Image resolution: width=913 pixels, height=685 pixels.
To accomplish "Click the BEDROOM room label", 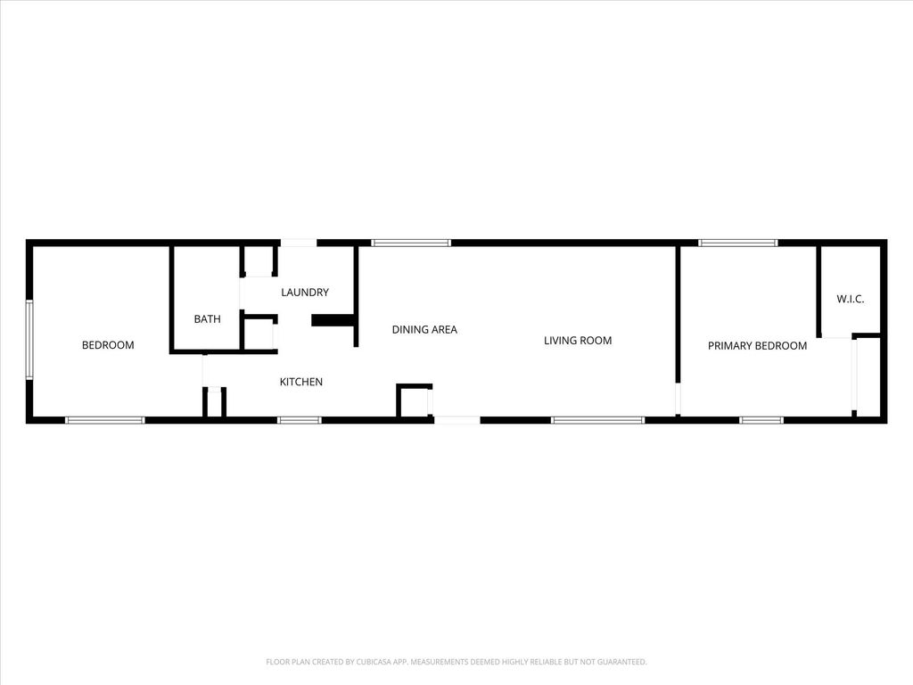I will point(108,345).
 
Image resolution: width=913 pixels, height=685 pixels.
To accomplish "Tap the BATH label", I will point(208,318).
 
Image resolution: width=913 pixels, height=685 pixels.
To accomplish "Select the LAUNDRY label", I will point(305,293).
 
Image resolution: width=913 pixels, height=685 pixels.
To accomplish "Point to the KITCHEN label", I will point(301,382).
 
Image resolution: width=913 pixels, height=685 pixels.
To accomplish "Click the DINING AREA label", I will point(424,330).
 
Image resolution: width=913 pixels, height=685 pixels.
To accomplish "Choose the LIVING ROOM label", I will point(578,340).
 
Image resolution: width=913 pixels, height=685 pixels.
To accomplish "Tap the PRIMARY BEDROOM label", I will point(757,346).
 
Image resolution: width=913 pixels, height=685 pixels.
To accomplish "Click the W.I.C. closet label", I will point(850,299).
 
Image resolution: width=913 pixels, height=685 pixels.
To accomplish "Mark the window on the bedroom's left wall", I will point(29,340).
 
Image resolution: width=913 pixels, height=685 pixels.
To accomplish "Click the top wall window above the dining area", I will point(411,243).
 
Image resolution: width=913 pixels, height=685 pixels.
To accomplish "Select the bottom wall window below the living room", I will point(597,419).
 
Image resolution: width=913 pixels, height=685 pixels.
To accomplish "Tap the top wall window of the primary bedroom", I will point(737,243).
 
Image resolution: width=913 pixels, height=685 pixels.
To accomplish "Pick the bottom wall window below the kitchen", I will point(299,419).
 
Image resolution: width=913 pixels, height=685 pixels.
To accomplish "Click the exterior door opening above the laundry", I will point(298,243).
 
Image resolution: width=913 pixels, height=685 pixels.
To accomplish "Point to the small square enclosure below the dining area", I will point(414,401).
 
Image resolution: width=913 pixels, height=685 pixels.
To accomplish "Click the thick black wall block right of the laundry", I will point(333,320).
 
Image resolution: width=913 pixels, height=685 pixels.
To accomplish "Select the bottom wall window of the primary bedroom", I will point(761,419).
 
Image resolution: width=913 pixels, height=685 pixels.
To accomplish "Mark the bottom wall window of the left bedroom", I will point(104,419).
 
